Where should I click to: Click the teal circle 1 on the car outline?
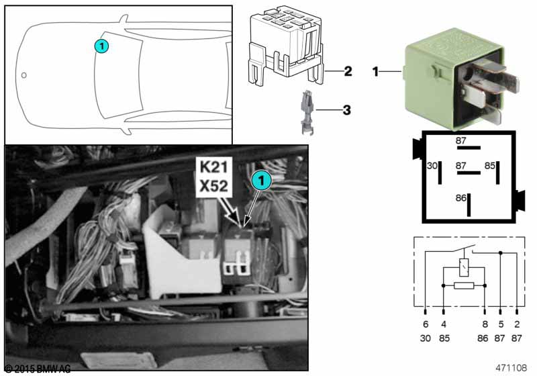[x=102, y=46]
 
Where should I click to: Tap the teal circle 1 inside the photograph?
[x=262, y=180]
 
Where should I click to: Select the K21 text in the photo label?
[x=213, y=167]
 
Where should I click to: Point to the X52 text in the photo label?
[x=213, y=186]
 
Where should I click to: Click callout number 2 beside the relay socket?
[x=348, y=71]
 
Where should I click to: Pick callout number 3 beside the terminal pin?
[x=346, y=110]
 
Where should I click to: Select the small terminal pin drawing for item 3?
[x=307, y=112]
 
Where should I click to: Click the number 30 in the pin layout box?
[x=432, y=166]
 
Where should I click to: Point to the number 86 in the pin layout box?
[x=461, y=198]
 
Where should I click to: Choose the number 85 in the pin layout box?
[x=490, y=166]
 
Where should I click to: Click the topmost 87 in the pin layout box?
[x=461, y=140]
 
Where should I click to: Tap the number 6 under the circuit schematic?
[x=426, y=324]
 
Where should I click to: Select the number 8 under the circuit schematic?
[x=485, y=324]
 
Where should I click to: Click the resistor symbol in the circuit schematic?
[x=464, y=285]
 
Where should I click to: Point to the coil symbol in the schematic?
[x=464, y=267]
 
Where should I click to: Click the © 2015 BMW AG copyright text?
[x=38, y=369]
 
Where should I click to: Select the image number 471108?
[x=511, y=368]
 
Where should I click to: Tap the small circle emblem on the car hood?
[x=24, y=75]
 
